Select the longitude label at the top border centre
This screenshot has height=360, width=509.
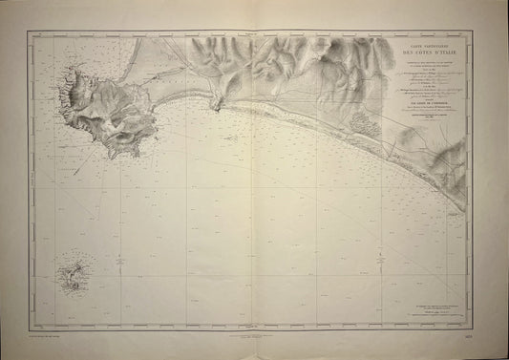(x=253, y=33)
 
